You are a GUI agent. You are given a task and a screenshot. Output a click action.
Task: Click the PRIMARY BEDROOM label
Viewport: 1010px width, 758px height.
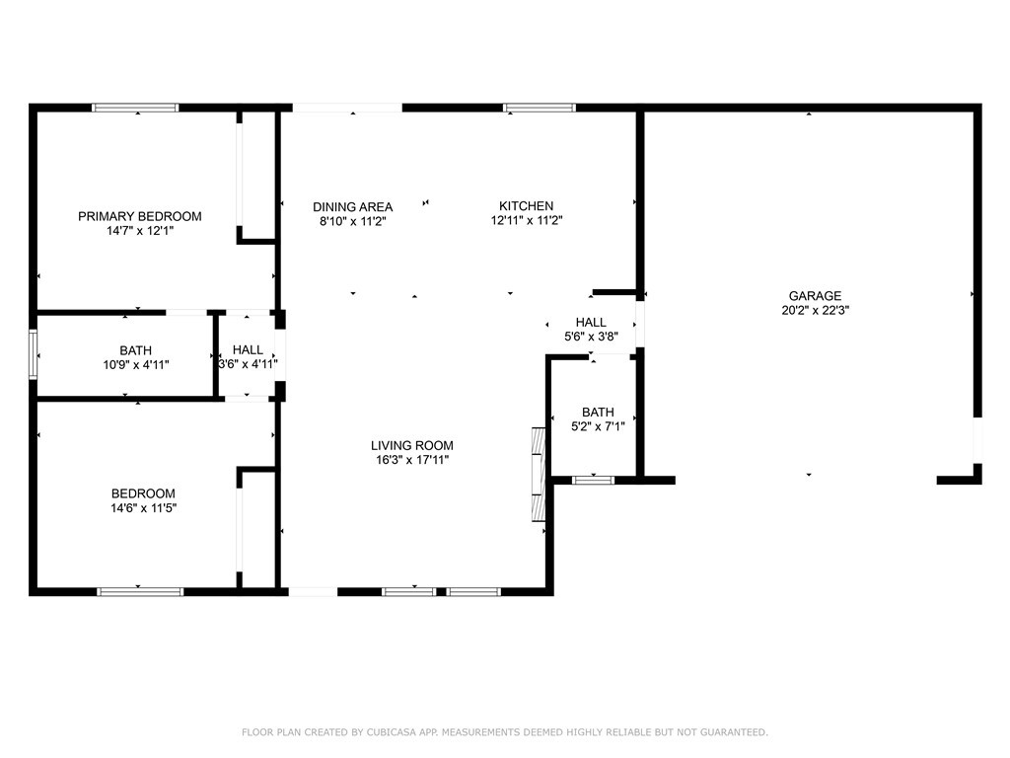point(140,216)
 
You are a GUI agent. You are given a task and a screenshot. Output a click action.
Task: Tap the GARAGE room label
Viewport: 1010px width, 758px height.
point(815,296)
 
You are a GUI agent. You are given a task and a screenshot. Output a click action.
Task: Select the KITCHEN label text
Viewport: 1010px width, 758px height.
point(527,206)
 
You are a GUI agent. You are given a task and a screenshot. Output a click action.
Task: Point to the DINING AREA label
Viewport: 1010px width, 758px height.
point(352,207)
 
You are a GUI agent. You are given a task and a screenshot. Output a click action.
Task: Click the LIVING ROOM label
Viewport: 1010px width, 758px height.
point(411,445)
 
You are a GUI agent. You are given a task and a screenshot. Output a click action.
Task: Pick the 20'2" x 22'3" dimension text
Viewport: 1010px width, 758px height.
point(815,310)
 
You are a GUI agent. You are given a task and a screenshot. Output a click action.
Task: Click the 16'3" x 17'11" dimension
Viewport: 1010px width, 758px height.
point(411,460)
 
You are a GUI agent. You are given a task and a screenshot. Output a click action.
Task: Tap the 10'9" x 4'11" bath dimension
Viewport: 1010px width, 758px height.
point(136,365)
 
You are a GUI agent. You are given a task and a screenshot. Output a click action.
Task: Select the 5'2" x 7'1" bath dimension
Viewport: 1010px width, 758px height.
point(598,426)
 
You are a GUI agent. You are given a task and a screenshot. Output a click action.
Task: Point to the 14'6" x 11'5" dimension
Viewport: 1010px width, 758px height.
point(143,508)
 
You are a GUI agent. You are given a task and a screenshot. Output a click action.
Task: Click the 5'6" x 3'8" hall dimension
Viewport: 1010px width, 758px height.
point(591,336)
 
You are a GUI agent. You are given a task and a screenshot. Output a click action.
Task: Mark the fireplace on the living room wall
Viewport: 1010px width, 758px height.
point(538,474)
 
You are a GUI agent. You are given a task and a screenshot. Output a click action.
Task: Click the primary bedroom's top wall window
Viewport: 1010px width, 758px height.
point(134,108)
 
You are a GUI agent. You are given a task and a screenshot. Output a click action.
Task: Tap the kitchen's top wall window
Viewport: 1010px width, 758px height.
point(540,108)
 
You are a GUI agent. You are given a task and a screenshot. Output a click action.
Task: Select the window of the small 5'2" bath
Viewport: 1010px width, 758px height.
point(593,480)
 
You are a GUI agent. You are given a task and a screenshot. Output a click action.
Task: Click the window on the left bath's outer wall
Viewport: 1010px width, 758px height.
point(34,354)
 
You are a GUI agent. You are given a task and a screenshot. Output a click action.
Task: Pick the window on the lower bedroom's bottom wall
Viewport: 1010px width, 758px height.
point(140,592)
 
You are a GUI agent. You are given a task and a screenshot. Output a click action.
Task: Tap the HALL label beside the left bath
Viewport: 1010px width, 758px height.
point(248,350)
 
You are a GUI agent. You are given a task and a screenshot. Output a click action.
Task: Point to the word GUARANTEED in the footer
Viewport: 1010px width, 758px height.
point(734,732)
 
